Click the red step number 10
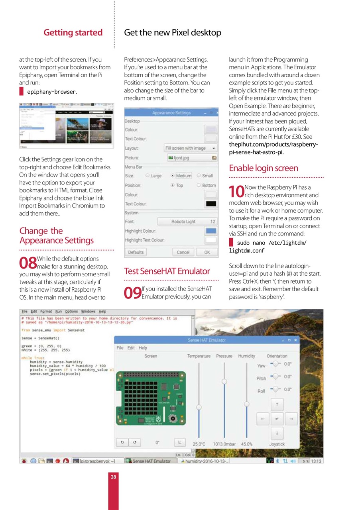click(237, 191)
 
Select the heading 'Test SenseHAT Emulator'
click(167, 271)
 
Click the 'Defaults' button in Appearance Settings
click(136, 252)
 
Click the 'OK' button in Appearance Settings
click(207, 252)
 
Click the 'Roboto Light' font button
click(187, 222)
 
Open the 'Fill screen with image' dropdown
click(191, 148)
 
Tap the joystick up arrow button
click(277, 405)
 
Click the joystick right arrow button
click(291, 419)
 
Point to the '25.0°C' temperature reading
click(199, 444)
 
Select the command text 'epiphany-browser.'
click(52, 92)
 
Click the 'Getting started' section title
click(73, 33)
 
